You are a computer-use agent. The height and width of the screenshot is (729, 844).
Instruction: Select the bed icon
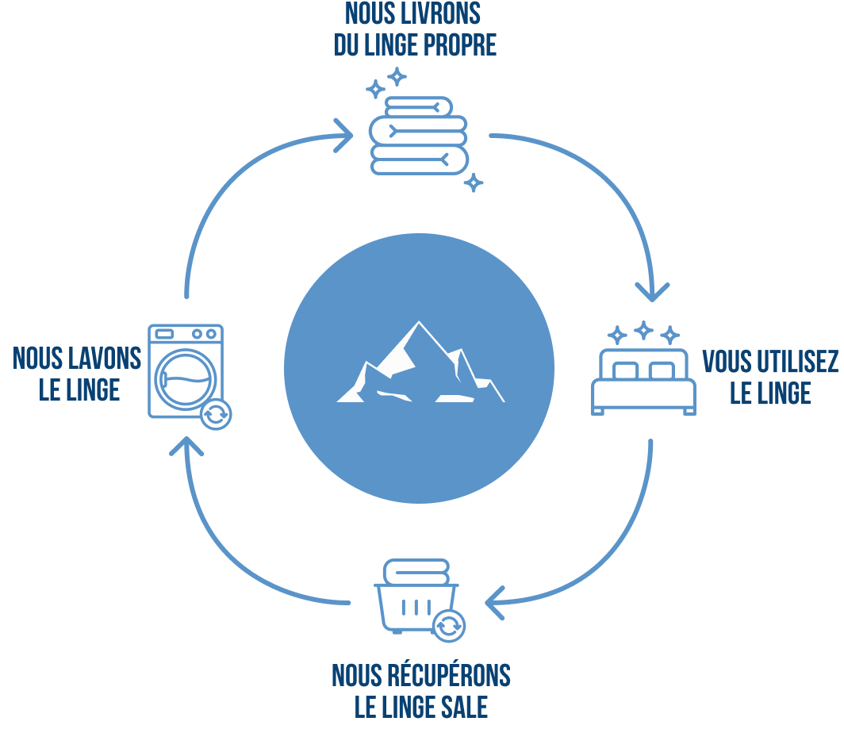pyautogui.click(x=643, y=382)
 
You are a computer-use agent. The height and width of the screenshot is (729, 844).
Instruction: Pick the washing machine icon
pyautogui.click(x=186, y=370)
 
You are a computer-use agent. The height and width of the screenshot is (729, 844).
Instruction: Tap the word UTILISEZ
pyautogui.click(x=796, y=362)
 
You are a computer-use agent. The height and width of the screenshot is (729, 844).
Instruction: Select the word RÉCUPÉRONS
pyautogui.click(x=448, y=676)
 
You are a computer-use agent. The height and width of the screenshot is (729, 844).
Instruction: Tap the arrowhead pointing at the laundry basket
pyautogui.click(x=495, y=602)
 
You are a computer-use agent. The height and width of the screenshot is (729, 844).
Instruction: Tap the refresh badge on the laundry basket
pyautogui.click(x=449, y=626)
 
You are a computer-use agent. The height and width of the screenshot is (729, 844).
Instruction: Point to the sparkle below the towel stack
pyautogui.click(x=474, y=183)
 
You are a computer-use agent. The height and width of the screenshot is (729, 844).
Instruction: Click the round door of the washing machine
pyautogui.click(x=185, y=378)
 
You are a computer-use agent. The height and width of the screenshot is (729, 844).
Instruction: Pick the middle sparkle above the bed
pyautogui.click(x=643, y=330)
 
